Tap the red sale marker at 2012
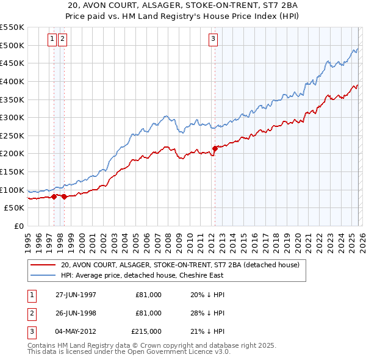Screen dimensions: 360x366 click(215, 148)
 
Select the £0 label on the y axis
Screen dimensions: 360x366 click(18, 226)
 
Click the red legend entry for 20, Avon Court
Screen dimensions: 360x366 click(179, 265)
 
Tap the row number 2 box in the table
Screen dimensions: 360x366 click(31, 313)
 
